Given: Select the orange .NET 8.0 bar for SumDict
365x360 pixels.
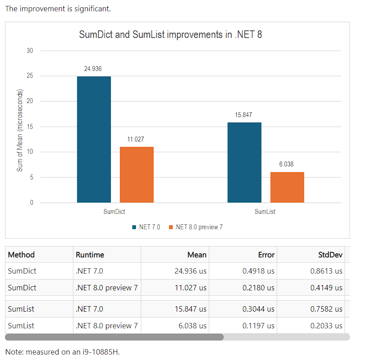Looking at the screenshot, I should (136, 175).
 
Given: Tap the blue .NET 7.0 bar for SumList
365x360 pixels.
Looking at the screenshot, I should (244, 162).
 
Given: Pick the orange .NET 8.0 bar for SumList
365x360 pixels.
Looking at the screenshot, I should (287, 187).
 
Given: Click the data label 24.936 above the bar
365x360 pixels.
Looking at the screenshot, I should (93, 69).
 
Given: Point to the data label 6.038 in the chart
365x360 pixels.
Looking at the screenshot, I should (286, 165).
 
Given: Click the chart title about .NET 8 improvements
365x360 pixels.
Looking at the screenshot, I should (170, 35).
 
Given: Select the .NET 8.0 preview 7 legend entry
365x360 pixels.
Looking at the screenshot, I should (195, 227).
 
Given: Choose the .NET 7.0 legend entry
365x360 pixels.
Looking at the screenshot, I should (146, 227).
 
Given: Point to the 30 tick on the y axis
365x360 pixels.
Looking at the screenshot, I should (30, 51).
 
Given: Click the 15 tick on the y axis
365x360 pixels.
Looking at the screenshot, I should (30, 127).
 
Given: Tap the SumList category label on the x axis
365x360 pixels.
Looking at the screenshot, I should (265, 212).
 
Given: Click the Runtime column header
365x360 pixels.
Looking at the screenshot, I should (90, 255).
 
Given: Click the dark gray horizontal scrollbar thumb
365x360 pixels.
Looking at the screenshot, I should (114, 337).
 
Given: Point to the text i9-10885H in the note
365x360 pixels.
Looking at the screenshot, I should (101, 352).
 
